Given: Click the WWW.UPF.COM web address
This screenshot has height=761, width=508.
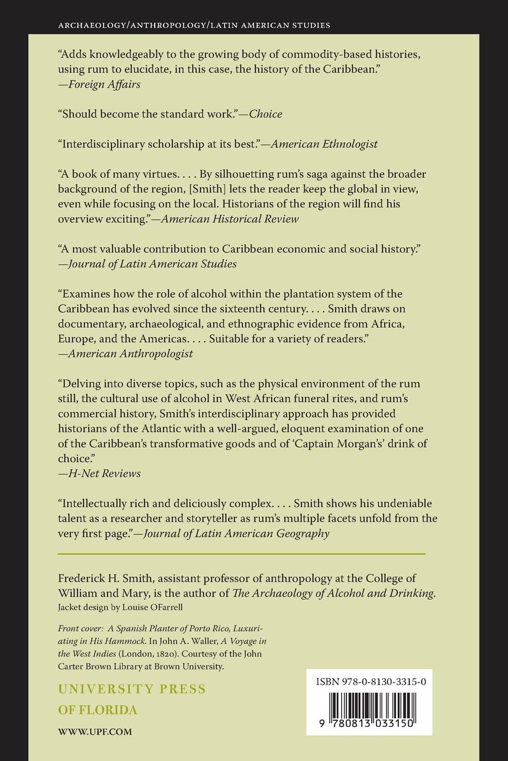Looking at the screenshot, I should (x=95, y=731).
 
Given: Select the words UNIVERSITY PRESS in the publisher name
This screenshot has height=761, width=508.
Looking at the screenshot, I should (x=132, y=689).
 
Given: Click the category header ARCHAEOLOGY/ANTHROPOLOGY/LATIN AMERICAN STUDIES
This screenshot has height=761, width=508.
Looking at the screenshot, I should (x=194, y=25).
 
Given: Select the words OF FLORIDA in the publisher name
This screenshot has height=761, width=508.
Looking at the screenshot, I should (x=98, y=710).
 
